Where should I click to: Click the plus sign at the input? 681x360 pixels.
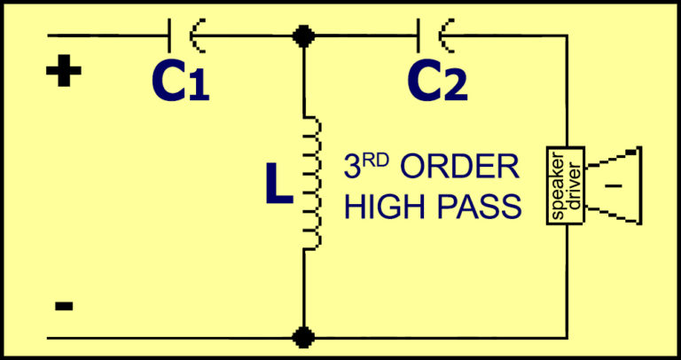point(63,74)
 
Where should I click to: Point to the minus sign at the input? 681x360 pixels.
point(63,306)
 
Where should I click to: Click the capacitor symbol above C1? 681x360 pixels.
point(181,36)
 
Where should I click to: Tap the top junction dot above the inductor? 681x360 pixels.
point(304,36)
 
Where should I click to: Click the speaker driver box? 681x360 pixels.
point(565,184)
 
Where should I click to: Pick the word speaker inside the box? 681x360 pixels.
point(559,184)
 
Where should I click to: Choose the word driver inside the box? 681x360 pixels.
point(571,184)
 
